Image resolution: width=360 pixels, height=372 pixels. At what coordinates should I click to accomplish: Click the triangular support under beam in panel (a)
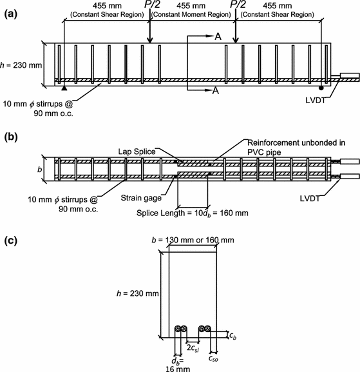[x=63, y=86]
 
